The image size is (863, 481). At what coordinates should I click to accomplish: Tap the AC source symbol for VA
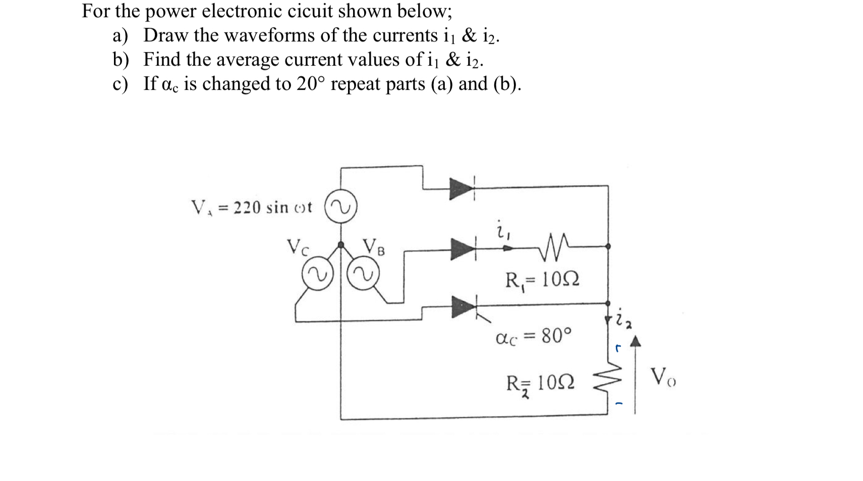[x=340, y=207]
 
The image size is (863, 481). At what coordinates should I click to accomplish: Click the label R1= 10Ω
[x=542, y=279]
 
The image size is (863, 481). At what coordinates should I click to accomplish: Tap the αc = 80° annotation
[x=534, y=336]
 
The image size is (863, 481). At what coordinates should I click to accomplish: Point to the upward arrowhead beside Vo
[x=636, y=343]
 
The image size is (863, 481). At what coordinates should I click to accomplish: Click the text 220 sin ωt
[x=272, y=207]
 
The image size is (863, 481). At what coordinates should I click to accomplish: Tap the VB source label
[x=373, y=247]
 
